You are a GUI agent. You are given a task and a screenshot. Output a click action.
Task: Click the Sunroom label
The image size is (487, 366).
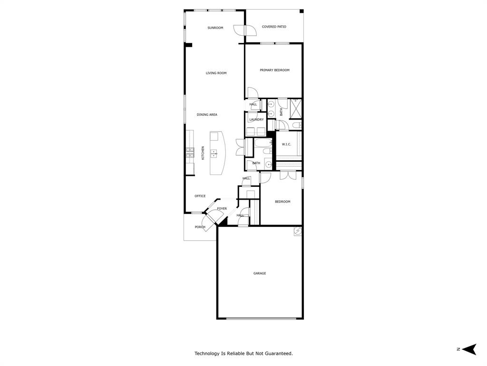[215, 28]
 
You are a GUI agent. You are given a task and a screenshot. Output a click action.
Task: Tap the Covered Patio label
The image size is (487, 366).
[274, 27]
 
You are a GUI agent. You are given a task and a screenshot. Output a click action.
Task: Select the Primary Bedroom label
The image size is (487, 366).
[274, 70]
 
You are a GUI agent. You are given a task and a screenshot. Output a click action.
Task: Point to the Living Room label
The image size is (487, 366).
[216, 73]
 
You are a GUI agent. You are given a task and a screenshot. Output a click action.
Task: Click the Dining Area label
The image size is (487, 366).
[207, 114]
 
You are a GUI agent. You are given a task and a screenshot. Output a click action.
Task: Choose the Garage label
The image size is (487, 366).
[259, 273]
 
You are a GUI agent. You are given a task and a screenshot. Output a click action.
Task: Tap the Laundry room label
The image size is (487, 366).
[256, 120]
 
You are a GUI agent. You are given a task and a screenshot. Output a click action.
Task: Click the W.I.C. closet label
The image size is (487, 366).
[286, 144]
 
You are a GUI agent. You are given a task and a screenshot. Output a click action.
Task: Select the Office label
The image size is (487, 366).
[200, 196]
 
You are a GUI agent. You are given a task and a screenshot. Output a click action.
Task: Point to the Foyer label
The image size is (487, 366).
[222, 209]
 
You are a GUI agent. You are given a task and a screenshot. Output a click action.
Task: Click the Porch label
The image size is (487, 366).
[200, 227]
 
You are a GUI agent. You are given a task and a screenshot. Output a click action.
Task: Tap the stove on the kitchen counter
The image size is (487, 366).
[190, 152]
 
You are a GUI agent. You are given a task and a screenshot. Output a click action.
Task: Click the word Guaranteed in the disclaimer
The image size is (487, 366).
[277, 354]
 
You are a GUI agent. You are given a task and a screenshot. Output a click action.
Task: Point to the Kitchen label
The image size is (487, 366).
[203, 152]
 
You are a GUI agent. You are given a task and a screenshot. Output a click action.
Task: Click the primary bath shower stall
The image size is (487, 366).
[296, 108]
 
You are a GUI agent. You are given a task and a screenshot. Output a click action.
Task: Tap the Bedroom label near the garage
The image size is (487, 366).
[282, 202]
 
